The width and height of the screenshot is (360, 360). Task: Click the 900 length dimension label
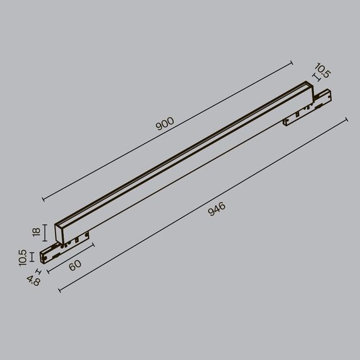[x=165, y=124]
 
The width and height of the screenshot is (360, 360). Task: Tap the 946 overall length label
[x=217, y=209]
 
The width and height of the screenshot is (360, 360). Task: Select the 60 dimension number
[x=75, y=265]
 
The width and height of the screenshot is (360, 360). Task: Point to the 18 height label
[x=36, y=232]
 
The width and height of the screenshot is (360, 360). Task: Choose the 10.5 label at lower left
[x=23, y=257]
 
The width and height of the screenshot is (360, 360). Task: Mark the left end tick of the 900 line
[x=43, y=200]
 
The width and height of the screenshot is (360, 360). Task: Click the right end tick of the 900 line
[x=292, y=62]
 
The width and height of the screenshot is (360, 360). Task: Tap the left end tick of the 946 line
[x=59, y=291]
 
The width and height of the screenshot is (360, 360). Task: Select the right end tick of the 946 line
[x=347, y=119]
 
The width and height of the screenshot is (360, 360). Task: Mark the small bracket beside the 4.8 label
[x=40, y=273]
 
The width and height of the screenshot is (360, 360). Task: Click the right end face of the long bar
[x=307, y=87]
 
